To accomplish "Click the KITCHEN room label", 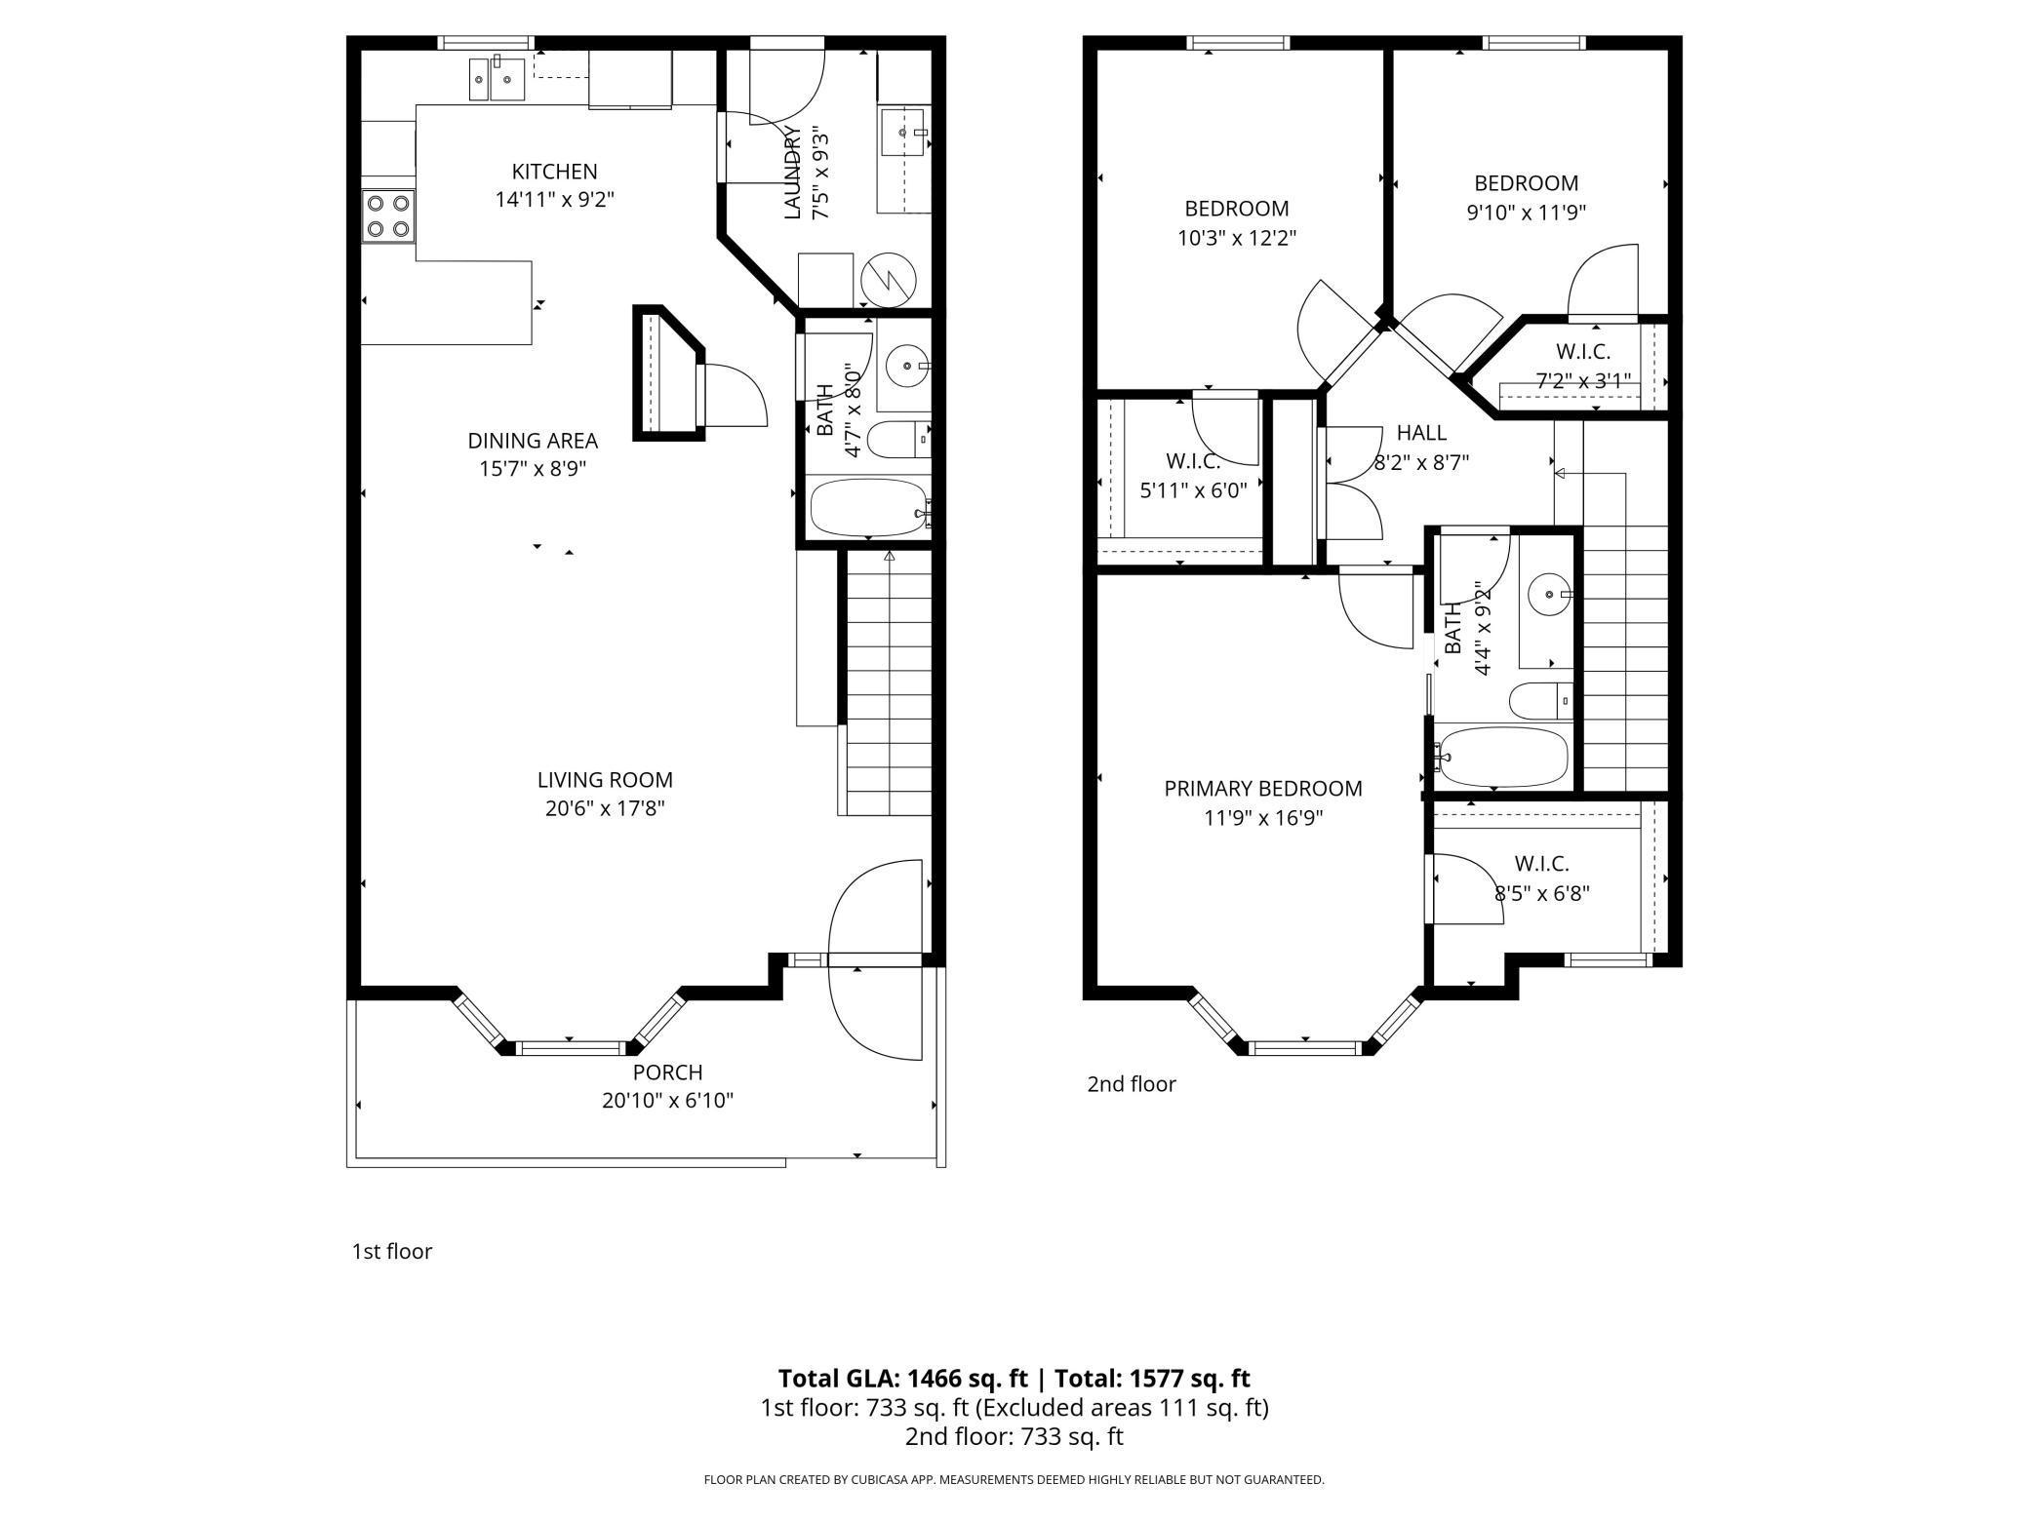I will pyautogui.click(x=554, y=172).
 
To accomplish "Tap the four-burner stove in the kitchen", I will pyautogui.click(x=387, y=216).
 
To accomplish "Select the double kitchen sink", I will pyautogui.click(x=497, y=78).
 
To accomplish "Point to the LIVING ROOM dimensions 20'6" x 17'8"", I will pyautogui.click(x=605, y=808).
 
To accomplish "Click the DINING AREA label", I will pyautogui.click(x=532, y=441).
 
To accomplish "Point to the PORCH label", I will pyautogui.click(x=667, y=1072).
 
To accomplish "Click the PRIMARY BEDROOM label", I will pyautogui.click(x=1262, y=789).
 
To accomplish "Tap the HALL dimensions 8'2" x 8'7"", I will pyautogui.click(x=1421, y=462).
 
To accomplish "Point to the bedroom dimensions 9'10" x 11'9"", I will pyautogui.click(x=1526, y=213).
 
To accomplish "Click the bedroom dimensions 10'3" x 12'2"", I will pyautogui.click(x=1236, y=238).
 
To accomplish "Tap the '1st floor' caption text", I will pyautogui.click(x=391, y=1251).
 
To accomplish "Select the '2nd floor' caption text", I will pyautogui.click(x=1132, y=1084).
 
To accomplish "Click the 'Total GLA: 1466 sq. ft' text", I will pyautogui.click(x=902, y=1378).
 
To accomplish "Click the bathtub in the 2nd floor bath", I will pyautogui.click(x=1502, y=757).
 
